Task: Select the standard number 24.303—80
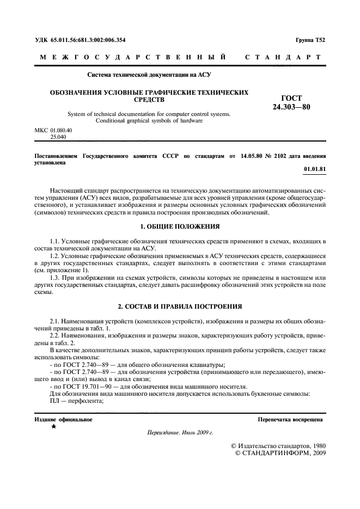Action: click(x=290, y=107)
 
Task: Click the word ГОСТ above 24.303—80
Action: click(x=290, y=98)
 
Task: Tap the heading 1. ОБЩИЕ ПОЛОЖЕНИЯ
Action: click(x=180, y=225)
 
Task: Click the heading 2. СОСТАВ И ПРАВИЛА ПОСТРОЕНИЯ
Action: click(x=180, y=306)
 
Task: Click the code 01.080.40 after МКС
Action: click(x=61, y=131)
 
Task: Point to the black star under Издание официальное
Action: click(x=53, y=428)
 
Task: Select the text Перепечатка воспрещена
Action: click(x=290, y=420)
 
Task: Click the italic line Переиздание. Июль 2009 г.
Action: click(x=180, y=433)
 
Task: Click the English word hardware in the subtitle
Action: click(x=192, y=120)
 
